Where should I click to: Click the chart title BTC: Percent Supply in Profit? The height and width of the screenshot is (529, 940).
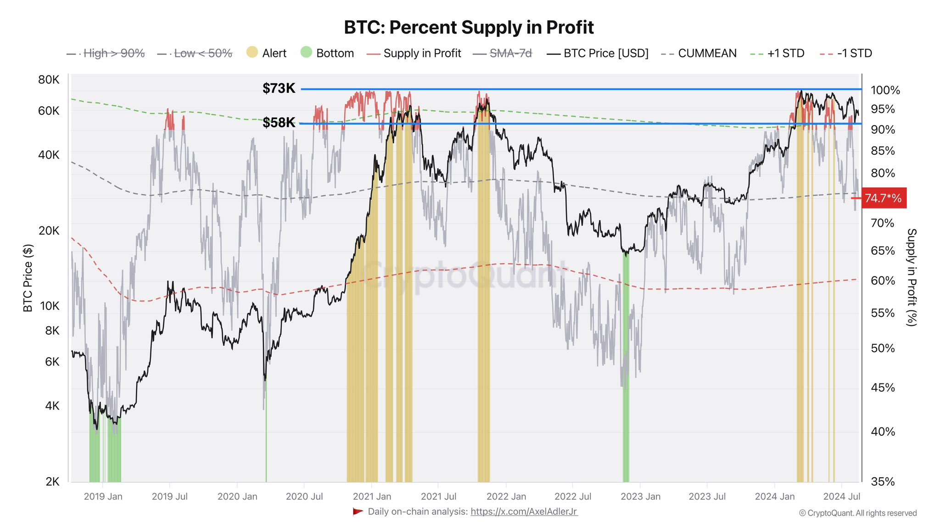pos(469,28)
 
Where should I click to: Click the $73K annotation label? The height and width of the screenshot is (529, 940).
pos(279,88)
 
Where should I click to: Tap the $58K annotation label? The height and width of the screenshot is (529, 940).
pos(279,123)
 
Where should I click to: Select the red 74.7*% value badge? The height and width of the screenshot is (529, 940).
pos(883,198)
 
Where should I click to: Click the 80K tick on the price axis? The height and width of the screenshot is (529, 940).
pos(49,80)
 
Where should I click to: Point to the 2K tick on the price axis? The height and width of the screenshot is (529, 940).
pos(52,482)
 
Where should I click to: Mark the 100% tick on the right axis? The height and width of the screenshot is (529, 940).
pos(885,90)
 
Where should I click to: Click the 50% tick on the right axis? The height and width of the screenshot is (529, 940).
pos(883,349)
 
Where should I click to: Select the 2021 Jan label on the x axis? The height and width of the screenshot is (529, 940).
pos(372,496)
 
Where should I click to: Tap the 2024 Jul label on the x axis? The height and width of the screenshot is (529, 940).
pos(841,496)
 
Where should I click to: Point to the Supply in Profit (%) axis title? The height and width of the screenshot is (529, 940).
pos(912,277)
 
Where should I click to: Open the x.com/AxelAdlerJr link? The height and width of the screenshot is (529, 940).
pos(524,512)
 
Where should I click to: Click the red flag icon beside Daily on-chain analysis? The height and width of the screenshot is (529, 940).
pos(358,512)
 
